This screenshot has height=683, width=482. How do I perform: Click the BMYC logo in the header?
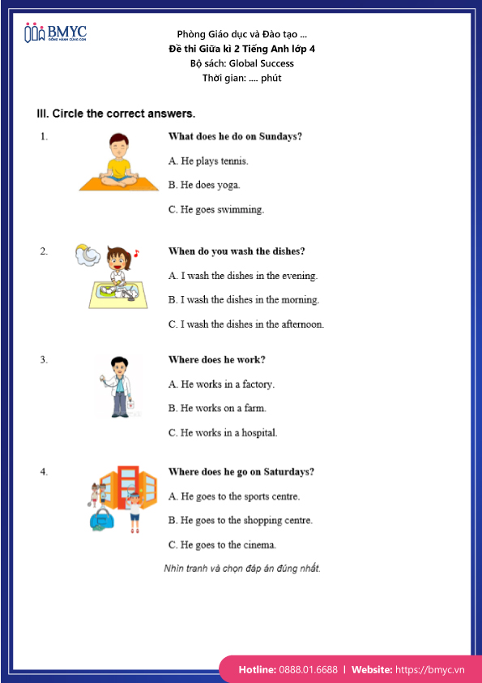point(55,33)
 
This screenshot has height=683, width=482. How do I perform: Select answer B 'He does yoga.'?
point(204,185)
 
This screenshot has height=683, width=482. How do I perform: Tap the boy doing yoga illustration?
point(119,161)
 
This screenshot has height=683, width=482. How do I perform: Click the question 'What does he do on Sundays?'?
point(235,136)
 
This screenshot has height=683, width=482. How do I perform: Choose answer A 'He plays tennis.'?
point(208,161)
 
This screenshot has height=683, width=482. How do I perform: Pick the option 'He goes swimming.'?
point(216,209)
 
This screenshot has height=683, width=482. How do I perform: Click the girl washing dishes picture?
point(118,280)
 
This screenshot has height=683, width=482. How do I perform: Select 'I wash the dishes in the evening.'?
point(243,276)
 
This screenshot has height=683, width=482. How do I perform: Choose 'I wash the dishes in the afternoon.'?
point(246,324)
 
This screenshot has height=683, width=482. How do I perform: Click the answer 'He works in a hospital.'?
point(223,433)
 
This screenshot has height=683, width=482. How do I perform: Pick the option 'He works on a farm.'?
point(217,409)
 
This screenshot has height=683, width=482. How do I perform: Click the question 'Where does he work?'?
point(216,359)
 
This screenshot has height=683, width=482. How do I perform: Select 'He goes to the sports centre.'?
point(234,496)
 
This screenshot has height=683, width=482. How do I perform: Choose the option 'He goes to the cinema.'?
point(223,545)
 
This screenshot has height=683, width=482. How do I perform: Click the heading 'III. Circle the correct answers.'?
point(116,114)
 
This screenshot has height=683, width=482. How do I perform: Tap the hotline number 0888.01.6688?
point(309,670)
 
